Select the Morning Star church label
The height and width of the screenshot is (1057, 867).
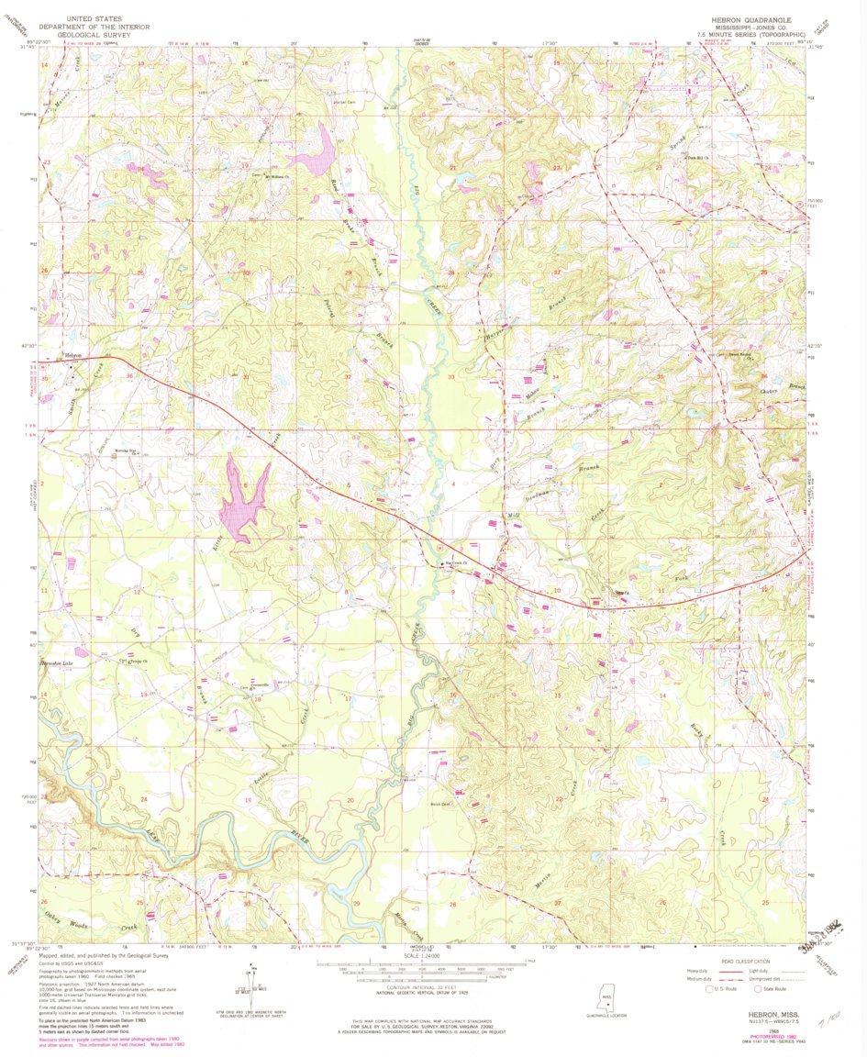(x=114, y=450)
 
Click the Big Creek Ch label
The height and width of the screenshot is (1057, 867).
(x=457, y=562)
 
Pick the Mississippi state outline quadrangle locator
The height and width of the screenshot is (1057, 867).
(x=606, y=996)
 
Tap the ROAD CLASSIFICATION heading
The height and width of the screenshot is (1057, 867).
(x=743, y=962)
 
